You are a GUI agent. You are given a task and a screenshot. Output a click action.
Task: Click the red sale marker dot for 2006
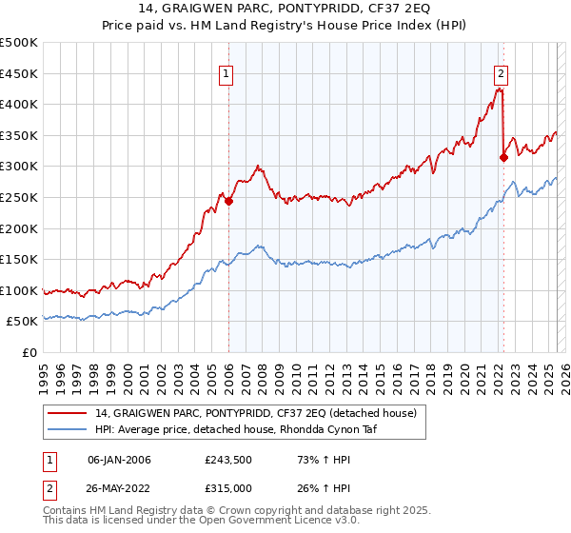point(228,201)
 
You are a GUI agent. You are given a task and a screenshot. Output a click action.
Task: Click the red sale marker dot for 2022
point(503,157)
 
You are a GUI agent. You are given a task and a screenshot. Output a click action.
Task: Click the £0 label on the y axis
point(29,352)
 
